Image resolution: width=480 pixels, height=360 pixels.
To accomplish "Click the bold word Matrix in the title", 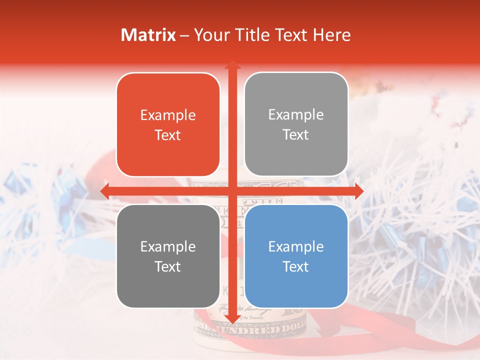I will pyautogui.click(x=148, y=35).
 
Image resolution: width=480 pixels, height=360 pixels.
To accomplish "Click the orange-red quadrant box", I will pyautogui.click(x=168, y=125).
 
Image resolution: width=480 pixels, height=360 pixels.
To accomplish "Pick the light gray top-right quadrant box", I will pyautogui.click(x=296, y=124).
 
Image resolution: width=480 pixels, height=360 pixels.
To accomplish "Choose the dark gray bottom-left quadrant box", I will pyautogui.click(x=168, y=256).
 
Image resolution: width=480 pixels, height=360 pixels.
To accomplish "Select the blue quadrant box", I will pyautogui.click(x=296, y=256).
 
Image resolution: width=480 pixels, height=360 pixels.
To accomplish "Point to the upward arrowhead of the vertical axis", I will pyautogui.click(x=232, y=65).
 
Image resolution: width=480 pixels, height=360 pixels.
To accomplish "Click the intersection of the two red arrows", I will pyautogui.click(x=232, y=190).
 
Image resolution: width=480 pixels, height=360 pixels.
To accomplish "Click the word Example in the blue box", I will pyautogui.click(x=296, y=246).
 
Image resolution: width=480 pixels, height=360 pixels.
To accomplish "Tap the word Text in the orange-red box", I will pyautogui.click(x=168, y=135).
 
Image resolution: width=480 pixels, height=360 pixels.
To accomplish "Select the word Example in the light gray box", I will pyautogui.click(x=296, y=114).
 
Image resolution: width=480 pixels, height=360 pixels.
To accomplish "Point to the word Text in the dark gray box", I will pyautogui.click(x=168, y=266).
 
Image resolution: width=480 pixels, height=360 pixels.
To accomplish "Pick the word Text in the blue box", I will pyautogui.click(x=296, y=266).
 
